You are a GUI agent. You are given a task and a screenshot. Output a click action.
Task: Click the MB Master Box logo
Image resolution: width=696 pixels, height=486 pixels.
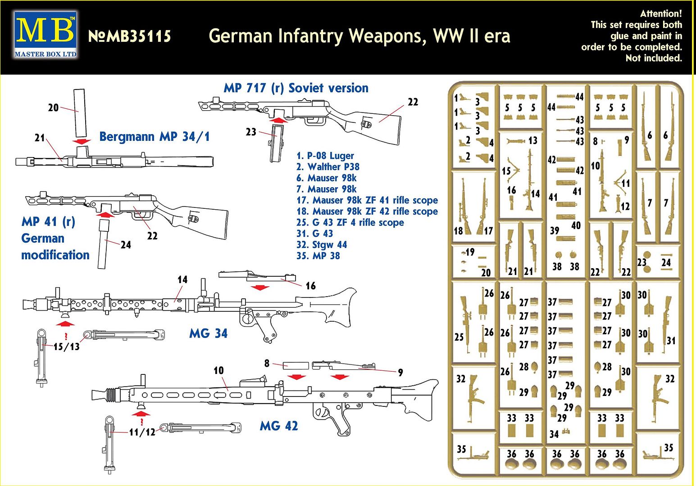pyautogui.click(x=45, y=35)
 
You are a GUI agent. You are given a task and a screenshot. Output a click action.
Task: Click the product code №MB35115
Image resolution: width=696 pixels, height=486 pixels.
pyautogui.click(x=130, y=36)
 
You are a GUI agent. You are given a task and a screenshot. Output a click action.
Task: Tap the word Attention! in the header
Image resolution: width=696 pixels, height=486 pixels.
pyautogui.click(x=660, y=13)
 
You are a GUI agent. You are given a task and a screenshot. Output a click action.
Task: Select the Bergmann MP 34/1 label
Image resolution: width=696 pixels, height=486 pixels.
pyautogui.click(x=155, y=136)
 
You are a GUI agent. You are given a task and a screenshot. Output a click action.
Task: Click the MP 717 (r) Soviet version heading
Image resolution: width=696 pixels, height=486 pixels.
pyautogui.click(x=296, y=88)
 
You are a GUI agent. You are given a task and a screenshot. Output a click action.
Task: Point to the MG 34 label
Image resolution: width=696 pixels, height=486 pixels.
pyautogui.click(x=209, y=333)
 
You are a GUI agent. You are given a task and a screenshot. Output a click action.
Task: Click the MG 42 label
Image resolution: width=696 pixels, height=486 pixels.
pyautogui.click(x=279, y=426)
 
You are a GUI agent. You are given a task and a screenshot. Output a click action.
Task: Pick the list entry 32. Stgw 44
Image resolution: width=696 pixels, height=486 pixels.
pyautogui.click(x=322, y=245)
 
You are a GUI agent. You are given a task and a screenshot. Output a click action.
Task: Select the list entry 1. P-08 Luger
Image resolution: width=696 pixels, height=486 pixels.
pyautogui.click(x=325, y=156)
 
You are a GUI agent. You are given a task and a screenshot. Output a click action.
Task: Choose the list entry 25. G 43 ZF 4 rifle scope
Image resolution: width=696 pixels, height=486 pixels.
pyautogui.click(x=350, y=222)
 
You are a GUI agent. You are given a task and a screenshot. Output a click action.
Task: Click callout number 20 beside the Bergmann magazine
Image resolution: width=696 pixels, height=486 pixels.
pyautogui.click(x=53, y=108)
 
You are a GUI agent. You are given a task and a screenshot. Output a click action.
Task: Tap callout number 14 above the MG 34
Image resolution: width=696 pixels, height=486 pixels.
pyautogui.click(x=182, y=279)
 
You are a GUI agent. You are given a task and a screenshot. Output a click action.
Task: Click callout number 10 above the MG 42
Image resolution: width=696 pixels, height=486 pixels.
pyautogui.click(x=218, y=370)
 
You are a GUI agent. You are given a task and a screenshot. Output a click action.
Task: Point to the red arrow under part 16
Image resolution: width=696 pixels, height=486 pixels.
pyautogui.click(x=260, y=288)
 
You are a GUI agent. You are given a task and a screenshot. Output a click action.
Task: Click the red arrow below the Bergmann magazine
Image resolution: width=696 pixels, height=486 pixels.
pyautogui.click(x=82, y=141)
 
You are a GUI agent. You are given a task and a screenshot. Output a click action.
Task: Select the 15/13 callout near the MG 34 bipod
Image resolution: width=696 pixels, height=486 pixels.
pyautogui.click(x=66, y=346)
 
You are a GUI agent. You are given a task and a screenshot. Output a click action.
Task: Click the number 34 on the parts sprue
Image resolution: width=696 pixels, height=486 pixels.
pyautogui.click(x=554, y=434)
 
